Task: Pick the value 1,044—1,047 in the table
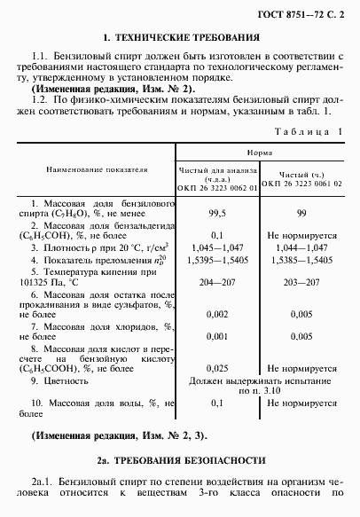(302, 246)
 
